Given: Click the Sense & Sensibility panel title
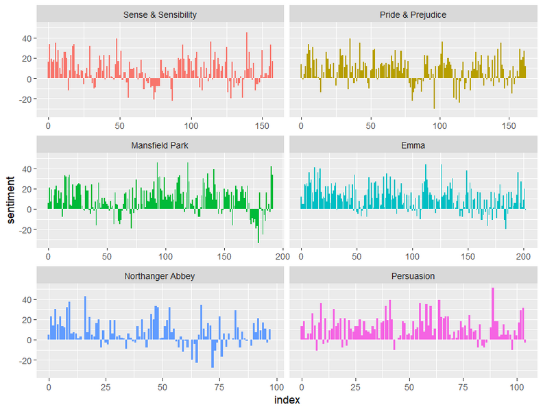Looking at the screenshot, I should pyautogui.click(x=160, y=14).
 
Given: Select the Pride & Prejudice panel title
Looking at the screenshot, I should pyautogui.click(x=413, y=14).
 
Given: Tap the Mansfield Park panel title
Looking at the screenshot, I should pyautogui.click(x=160, y=145).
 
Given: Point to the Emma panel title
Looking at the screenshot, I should pyautogui.click(x=413, y=145).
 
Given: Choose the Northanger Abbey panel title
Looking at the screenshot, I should pyautogui.click(x=160, y=276).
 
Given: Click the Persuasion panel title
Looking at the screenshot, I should pyautogui.click(x=413, y=276).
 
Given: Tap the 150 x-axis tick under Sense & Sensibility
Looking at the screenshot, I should pyautogui.click(x=262, y=125).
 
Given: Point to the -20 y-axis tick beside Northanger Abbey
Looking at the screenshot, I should pyautogui.click(x=25, y=360).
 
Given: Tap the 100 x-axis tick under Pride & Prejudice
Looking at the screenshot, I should pyautogui.click(x=439, y=125).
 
